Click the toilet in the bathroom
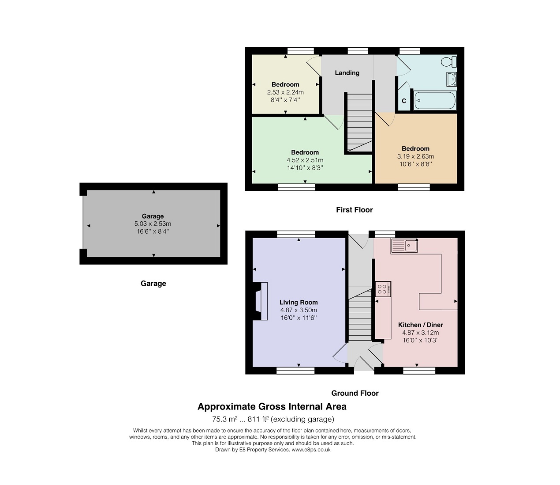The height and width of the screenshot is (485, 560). pos(449,62)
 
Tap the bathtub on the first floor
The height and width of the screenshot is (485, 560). pos(435,100)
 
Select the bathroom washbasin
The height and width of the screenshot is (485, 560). pos(452,79)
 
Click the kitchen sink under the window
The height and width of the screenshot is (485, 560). pos(404,246)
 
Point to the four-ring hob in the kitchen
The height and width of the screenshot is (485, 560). pos(383,289)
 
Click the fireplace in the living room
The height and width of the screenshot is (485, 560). pos(260,301)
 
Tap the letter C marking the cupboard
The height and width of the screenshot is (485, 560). pos(404,101)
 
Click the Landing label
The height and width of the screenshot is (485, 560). pos(347,73)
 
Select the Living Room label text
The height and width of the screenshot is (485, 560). pos(299,302)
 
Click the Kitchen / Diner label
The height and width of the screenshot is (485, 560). pos(421,325)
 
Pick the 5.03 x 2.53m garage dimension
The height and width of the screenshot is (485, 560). pos(153,224)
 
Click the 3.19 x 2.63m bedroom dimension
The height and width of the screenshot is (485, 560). pos(416,156)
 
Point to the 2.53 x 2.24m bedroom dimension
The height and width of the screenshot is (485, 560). pos(285,92)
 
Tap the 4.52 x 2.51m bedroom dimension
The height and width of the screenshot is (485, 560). pos(305,160)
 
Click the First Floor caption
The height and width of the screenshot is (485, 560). pos(355,210)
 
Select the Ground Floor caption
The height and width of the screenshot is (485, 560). pos(355,393)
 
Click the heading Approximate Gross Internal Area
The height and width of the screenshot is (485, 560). pos(272,406)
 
